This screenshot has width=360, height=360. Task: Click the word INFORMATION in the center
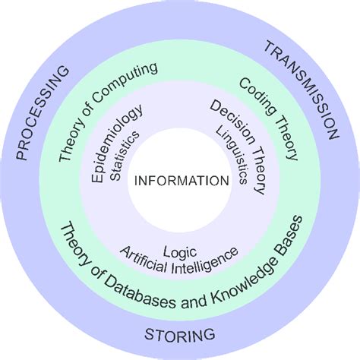pos(180,180)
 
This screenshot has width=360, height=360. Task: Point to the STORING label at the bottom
pos(180,334)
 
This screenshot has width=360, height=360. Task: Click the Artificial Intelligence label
pos(181,261)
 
